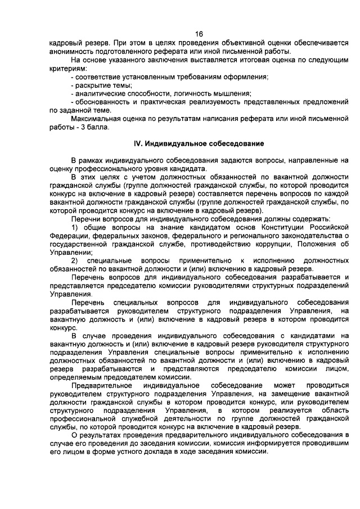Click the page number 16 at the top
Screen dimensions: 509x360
point(199,33)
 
